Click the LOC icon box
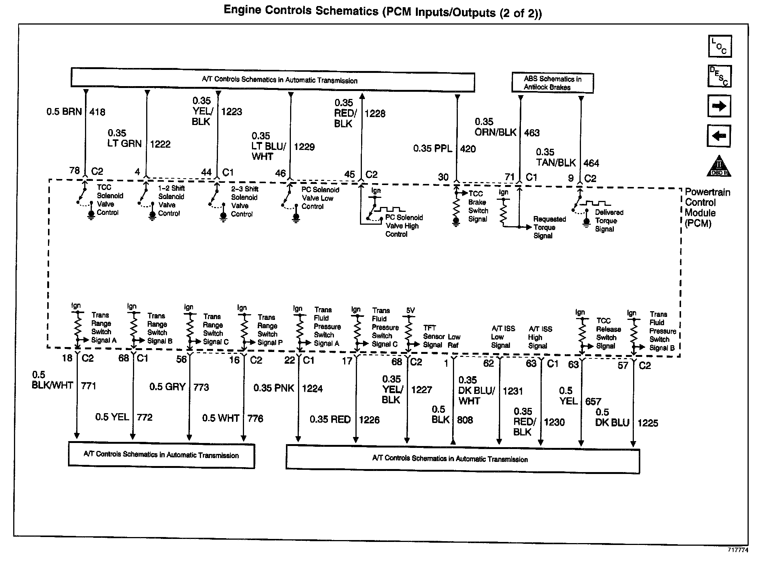click(x=719, y=46)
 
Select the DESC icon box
click(x=719, y=76)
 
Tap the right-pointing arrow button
click(x=719, y=106)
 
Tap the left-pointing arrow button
click(x=718, y=136)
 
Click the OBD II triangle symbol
click(x=718, y=166)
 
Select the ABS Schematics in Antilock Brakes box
click(x=552, y=83)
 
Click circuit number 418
click(x=97, y=112)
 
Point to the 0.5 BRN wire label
click(x=64, y=112)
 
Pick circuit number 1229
click(x=304, y=147)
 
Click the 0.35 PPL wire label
click(x=433, y=149)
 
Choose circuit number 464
click(x=591, y=163)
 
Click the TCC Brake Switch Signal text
click(x=478, y=206)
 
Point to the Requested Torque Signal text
click(x=549, y=227)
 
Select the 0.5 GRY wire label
click(x=167, y=387)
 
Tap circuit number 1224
click(x=312, y=389)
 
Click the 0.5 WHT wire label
click(x=221, y=418)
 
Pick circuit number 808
click(x=465, y=420)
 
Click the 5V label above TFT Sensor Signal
click(x=410, y=310)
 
